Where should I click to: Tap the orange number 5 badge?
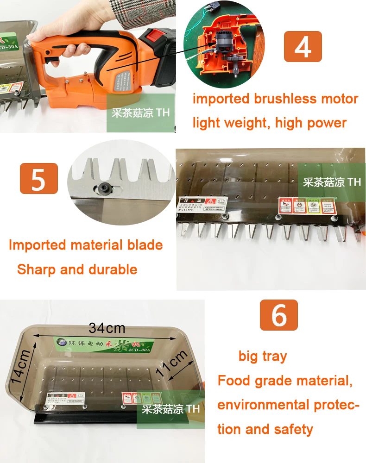pyautogui.click(x=38, y=178)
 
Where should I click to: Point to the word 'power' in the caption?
pyautogui.click(x=326, y=123)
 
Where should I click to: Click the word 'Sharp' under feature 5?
pyautogui.click(x=37, y=269)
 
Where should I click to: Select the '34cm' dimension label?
pyautogui.click(x=107, y=328)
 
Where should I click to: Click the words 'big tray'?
pyautogui.click(x=263, y=356)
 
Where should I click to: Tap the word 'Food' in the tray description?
pyautogui.click(x=234, y=381)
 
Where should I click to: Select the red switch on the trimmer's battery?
pyautogui.click(x=154, y=34)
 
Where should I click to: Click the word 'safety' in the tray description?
pyautogui.click(x=292, y=429)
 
